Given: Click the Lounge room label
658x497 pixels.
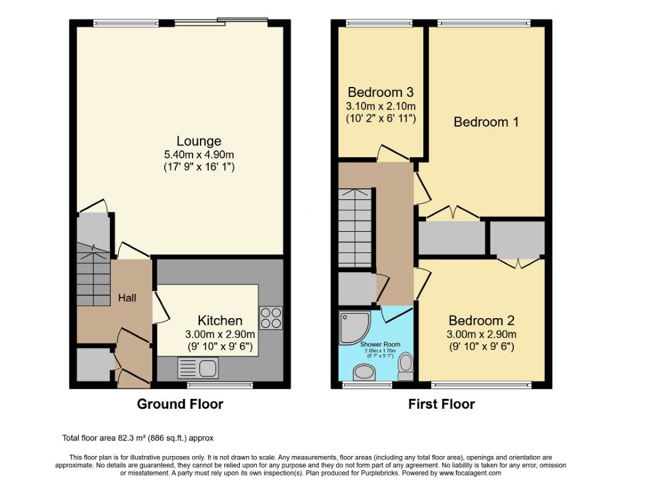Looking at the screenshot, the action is click(198, 141).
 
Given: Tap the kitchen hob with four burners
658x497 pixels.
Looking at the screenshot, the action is click(271, 318).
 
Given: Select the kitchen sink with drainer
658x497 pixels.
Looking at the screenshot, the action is click(198, 368).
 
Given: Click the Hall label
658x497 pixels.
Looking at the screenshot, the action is click(127, 298).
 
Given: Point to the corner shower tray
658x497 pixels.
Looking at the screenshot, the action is click(355, 327).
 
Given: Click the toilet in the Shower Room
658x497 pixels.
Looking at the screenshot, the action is click(406, 367).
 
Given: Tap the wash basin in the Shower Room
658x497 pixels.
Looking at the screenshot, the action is click(364, 372).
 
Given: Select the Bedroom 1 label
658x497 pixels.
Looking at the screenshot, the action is click(486, 122).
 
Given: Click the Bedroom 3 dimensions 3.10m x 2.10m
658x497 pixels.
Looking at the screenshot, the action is click(381, 106).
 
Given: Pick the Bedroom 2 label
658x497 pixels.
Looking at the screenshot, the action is click(482, 321).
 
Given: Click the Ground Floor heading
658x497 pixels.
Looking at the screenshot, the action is click(180, 404).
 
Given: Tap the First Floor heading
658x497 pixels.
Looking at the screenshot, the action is click(442, 404).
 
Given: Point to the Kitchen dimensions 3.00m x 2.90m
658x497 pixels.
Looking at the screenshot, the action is click(220, 334).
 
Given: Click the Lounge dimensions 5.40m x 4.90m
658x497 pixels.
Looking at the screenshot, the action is click(199, 154).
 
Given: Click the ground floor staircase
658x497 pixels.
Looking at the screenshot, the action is click(93, 275).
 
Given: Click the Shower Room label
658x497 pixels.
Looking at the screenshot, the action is click(380, 344).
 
